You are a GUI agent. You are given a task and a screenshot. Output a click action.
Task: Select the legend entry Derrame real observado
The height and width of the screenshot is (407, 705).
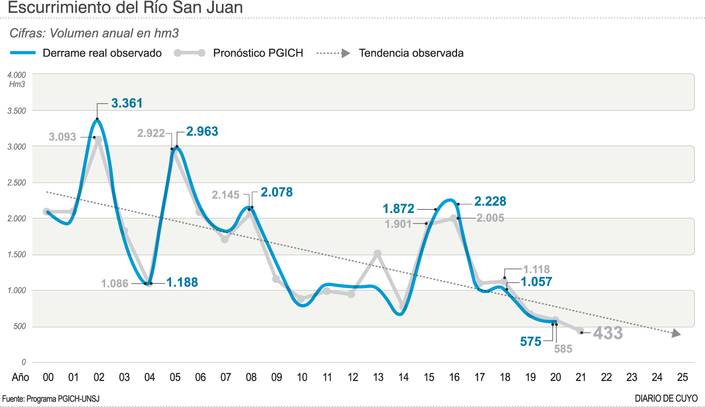pyautogui.click(x=102, y=53)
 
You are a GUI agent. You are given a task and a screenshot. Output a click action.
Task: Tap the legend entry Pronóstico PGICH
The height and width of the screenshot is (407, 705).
pyautogui.click(x=258, y=53)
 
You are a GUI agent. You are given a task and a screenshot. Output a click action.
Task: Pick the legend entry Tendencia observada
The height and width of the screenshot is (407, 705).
pyautogui.click(x=411, y=53)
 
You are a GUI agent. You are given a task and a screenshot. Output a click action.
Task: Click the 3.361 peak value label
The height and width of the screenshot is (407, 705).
pyautogui.click(x=127, y=103)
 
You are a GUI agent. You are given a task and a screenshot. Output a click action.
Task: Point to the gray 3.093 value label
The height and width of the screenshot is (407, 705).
pyautogui.click(x=62, y=137)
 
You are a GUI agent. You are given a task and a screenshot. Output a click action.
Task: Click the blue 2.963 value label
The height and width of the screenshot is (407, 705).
pyautogui.click(x=202, y=132)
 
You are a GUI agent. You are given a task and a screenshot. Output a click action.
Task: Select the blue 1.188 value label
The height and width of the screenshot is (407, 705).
pyautogui.click(x=182, y=282)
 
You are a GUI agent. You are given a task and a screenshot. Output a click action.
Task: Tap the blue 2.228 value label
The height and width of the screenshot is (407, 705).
pyautogui.click(x=490, y=201)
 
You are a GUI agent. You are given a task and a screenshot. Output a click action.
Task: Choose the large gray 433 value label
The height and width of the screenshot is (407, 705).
pyautogui.click(x=608, y=333)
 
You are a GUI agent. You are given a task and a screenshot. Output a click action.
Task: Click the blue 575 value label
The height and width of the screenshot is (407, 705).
pyautogui.click(x=531, y=341)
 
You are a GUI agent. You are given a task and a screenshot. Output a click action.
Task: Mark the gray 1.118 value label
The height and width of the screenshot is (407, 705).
pyautogui.click(x=536, y=269)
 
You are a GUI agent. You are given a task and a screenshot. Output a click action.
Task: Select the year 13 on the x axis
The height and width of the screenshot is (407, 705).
pyautogui.click(x=378, y=378)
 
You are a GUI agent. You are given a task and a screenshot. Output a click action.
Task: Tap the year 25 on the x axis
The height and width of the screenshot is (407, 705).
pyautogui.click(x=682, y=378)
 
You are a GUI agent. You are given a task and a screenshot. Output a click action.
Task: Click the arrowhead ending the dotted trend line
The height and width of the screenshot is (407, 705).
pyautogui.click(x=677, y=334)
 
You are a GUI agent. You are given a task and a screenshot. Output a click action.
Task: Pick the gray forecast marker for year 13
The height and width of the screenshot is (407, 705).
pyautogui.click(x=378, y=254)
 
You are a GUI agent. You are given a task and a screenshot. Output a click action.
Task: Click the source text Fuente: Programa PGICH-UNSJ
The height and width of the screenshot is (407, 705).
pyautogui.click(x=51, y=399)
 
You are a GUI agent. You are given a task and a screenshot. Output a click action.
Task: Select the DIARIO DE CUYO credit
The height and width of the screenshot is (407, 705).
pyautogui.click(x=666, y=399)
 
